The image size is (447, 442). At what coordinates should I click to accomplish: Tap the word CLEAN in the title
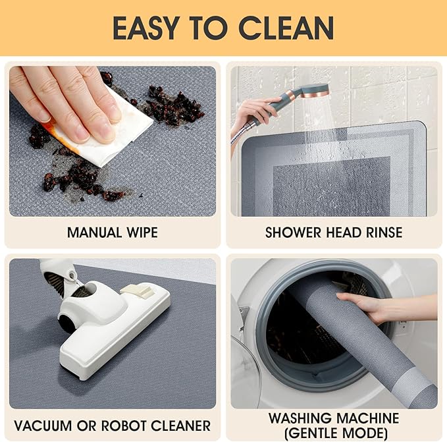(x=286, y=28)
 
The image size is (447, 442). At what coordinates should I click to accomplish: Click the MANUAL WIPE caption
(x=112, y=233)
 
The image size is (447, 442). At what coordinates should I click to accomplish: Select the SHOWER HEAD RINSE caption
(x=334, y=233)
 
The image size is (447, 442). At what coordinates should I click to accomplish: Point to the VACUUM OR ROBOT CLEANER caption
(x=112, y=425)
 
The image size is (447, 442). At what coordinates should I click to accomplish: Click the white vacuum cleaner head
(x=112, y=329)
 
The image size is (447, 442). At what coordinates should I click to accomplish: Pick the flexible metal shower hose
(x=240, y=135)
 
